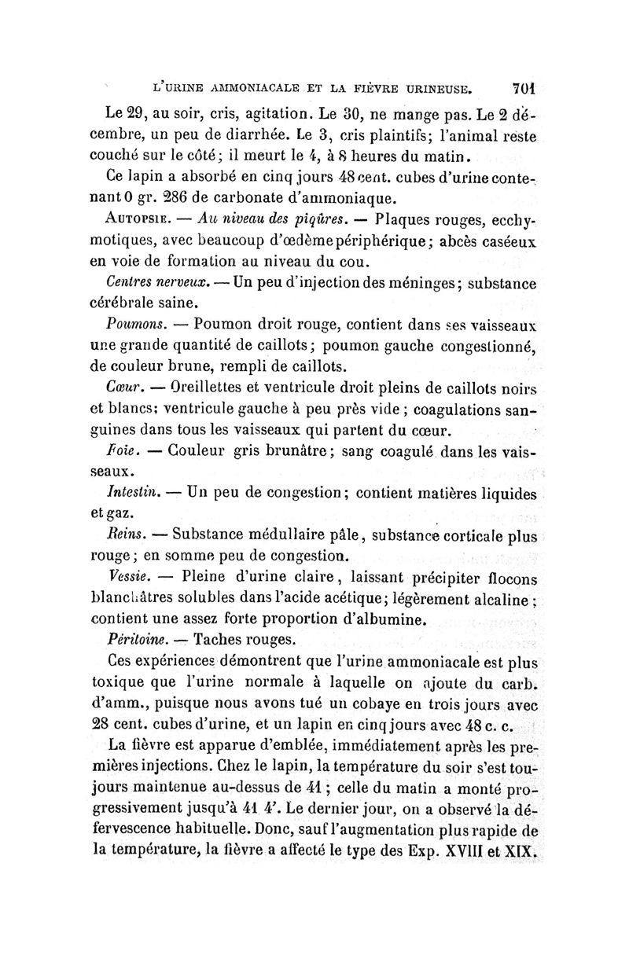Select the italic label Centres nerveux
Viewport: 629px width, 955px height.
[x=147, y=282]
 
